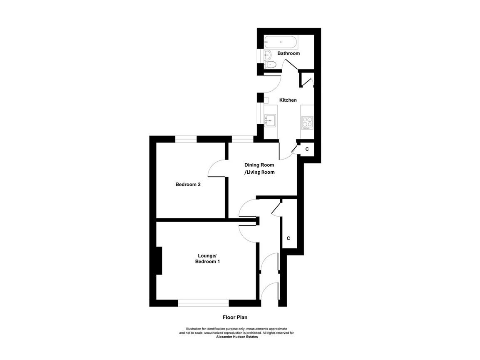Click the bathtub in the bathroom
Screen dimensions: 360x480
click(281, 42)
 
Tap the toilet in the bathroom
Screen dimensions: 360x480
click(271, 64)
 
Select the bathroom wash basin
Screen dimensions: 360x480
click(268, 54)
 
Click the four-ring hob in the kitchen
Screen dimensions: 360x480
click(307, 122)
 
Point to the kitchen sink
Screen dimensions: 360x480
click(271, 120)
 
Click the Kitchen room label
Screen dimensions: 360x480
click(288, 100)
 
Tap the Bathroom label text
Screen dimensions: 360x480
click(288, 53)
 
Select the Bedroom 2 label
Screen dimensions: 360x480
click(188, 184)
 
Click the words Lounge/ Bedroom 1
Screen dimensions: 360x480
click(207, 258)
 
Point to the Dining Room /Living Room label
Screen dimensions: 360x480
click(259, 168)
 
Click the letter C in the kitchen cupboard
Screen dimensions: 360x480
click(307, 149)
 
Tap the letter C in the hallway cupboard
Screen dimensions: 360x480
click(288, 238)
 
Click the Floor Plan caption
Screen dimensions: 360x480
click(235, 317)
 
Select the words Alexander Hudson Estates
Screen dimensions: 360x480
click(237, 337)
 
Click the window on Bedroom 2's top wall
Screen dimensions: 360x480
click(186, 139)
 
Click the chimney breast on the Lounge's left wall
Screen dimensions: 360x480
click(159, 260)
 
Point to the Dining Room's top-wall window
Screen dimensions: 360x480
click(242, 139)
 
